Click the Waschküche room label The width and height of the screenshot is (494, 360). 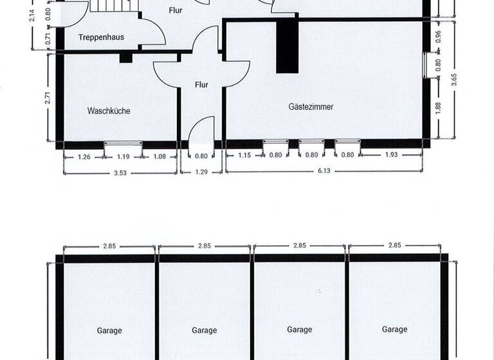[x=109, y=111]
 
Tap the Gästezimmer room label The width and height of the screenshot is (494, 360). [x=311, y=107]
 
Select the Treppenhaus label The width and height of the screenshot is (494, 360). [x=101, y=37]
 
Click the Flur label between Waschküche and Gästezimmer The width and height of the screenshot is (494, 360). [x=201, y=84]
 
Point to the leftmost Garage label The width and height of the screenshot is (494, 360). [x=109, y=330]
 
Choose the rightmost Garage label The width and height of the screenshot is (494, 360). [x=394, y=329]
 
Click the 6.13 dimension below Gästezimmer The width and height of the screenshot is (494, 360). [x=324, y=172]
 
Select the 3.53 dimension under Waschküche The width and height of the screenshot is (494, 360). [x=119, y=172]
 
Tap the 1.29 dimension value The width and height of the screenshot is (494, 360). [x=201, y=172]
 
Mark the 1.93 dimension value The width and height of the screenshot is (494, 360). [x=391, y=155]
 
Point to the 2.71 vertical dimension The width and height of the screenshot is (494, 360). [x=48, y=98]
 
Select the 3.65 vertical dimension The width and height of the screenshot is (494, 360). [x=454, y=80]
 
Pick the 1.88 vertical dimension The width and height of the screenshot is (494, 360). [x=438, y=108]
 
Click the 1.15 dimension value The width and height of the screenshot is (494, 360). [x=244, y=155]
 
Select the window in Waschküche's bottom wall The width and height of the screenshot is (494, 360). [x=123, y=143]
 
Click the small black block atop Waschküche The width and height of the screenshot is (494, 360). [x=125, y=58]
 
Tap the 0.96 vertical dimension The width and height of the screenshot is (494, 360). [x=438, y=37]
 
